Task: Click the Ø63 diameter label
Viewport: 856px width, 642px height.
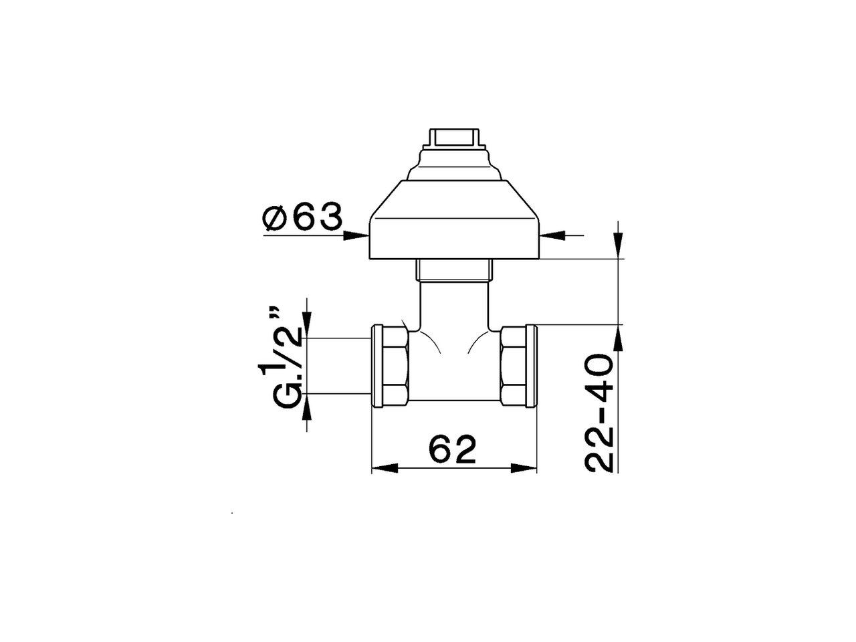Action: click(303, 218)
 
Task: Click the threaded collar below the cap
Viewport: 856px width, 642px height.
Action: click(454, 270)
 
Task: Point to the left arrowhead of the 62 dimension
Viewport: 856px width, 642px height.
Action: click(383, 469)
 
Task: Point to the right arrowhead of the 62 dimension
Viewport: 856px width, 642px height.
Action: click(525, 469)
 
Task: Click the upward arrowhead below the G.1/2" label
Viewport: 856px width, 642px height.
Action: click(307, 405)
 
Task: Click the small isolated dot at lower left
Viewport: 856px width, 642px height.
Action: click(231, 514)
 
